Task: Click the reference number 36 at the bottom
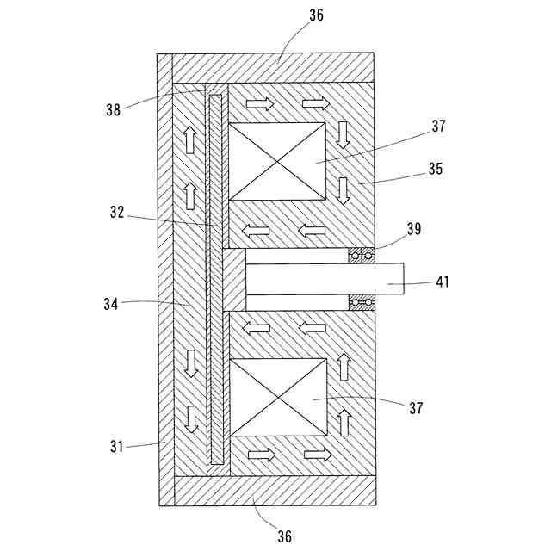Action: click(x=284, y=536)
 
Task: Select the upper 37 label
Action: click(x=439, y=126)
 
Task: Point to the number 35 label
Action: click(x=434, y=169)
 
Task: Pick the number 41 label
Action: click(x=443, y=281)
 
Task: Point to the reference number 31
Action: click(x=117, y=446)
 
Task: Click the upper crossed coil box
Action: click(x=277, y=162)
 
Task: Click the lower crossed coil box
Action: click(x=277, y=398)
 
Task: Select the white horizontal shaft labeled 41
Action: click(x=319, y=279)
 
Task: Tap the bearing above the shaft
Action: click(x=362, y=256)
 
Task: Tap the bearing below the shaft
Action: click(x=362, y=302)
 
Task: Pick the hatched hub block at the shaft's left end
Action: click(x=233, y=280)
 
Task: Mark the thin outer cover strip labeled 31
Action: click(x=165, y=280)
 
